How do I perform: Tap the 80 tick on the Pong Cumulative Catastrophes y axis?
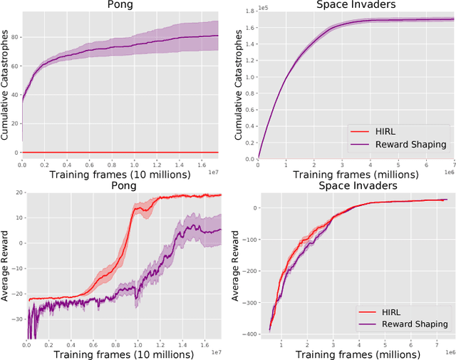pyautogui.click(x=14, y=36)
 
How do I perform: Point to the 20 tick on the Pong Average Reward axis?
pyautogui.click(x=15, y=193)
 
